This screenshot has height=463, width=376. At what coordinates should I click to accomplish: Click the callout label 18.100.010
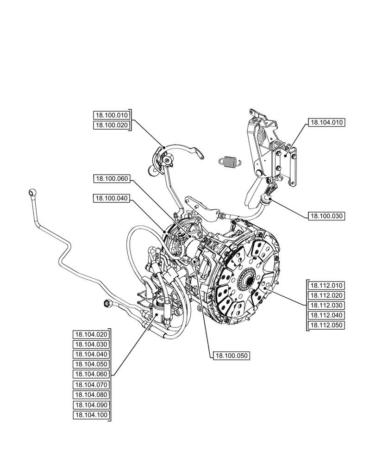click(x=112, y=115)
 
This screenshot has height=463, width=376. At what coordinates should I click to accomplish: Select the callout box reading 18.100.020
click(x=112, y=125)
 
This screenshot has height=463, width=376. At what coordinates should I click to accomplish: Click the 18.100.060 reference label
click(x=112, y=178)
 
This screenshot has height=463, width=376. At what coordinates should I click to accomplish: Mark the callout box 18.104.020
click(x=91, y=334)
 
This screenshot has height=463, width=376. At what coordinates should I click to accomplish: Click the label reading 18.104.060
click(x=91, y=374)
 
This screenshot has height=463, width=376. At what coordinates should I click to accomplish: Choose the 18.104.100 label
click(x=91, y=415)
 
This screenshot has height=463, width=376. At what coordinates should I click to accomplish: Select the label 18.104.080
click(x=91, y=395)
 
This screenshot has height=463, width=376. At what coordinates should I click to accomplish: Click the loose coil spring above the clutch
click(x=229, y=161)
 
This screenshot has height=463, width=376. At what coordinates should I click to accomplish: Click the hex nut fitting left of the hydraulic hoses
click(x=107, y=304)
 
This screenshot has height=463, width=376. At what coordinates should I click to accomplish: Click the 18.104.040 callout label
click(x=91, y=354)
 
